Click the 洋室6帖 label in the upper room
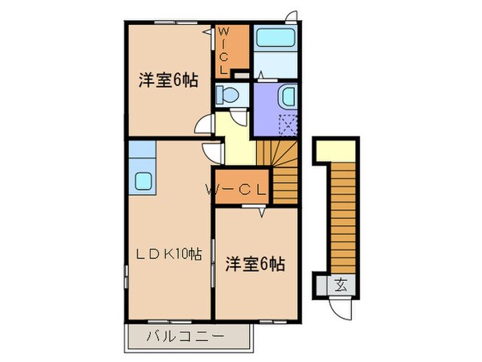coord(168,80)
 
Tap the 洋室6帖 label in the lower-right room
coord(254,262)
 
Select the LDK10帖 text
coord(167,254)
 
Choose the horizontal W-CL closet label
coord(238,190)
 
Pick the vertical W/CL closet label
coord(224,49)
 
